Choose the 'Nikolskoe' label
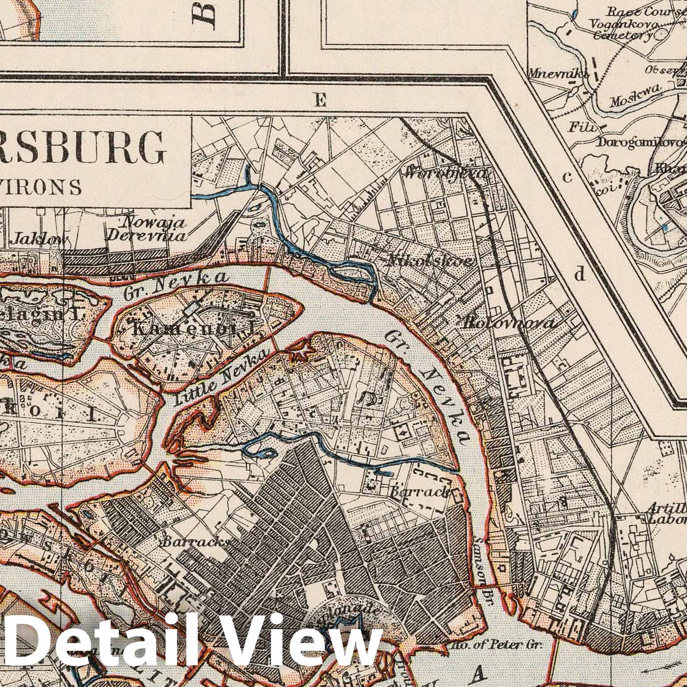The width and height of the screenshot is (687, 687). click(x=430, y=262)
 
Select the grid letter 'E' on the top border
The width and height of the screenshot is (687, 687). click(x=320, y=101)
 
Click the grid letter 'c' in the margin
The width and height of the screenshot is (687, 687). click(x=567, y=177)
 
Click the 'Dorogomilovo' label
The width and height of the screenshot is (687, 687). click(x=641, y=143)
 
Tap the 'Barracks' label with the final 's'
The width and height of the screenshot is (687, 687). click(x=196, y=542)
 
